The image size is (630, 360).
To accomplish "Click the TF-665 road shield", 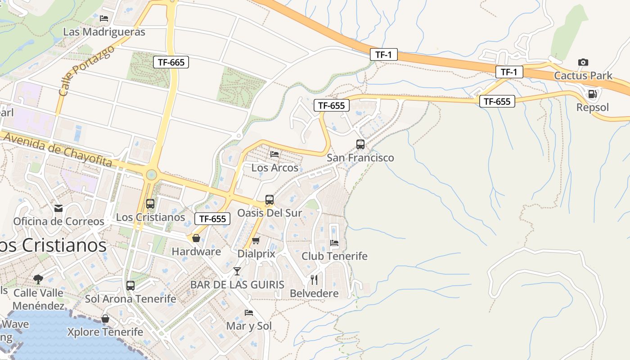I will click(171, 62).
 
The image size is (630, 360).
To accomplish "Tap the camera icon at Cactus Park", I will click(583, 62).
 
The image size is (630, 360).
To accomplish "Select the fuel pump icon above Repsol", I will click(593, 94).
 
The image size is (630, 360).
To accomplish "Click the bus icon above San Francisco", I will click(360, 144).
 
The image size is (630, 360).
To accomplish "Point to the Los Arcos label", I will click(274, 168).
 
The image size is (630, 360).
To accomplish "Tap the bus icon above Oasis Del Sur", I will click(270, 199).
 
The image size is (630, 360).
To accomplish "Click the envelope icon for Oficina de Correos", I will click(58, 208).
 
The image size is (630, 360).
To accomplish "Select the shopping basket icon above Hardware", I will click(196, 238).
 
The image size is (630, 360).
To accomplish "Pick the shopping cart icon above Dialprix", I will click(256, 240).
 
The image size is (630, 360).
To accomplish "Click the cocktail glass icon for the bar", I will click(237, 271).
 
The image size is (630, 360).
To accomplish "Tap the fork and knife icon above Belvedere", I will click(314, 280).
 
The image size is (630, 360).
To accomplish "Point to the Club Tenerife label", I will click(334, 256).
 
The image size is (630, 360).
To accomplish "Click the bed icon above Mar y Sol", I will click(249, 312).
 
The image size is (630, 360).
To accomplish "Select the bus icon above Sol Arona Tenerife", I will click(130, 285).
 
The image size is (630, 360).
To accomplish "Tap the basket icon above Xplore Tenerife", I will click(105, 319).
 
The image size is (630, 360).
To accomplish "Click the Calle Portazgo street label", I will click(86, 70).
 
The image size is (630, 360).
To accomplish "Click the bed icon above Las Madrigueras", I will click(104, 18).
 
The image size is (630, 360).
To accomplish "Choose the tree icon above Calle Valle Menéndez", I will click(38, 279).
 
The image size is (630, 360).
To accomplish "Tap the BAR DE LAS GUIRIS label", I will click(237, 285).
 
